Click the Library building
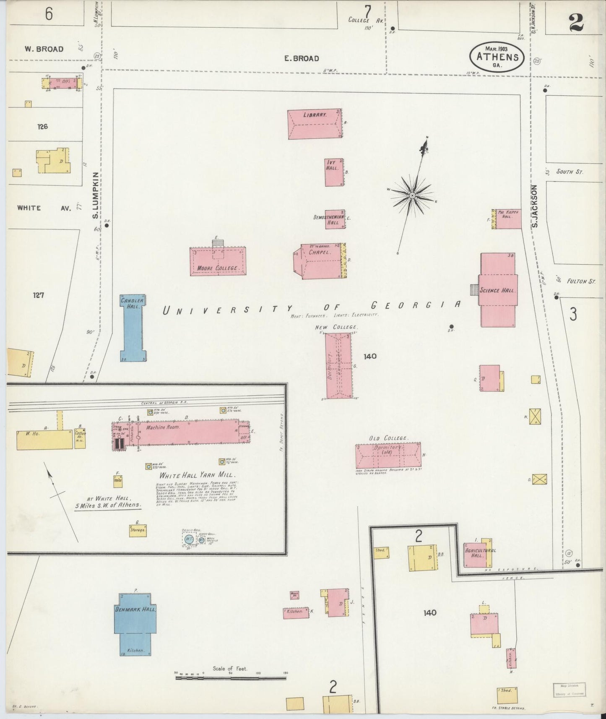(315, 124)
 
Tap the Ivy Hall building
(334, 172)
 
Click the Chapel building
(321, 261)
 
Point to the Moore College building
(218, 261)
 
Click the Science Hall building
(497, 290)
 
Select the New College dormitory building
(338, 365)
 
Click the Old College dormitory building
(388, 455)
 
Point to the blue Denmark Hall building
(135, 623)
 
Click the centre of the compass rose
(412, 195)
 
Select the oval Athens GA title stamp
(497, 57)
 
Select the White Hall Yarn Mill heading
(197, 475)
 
